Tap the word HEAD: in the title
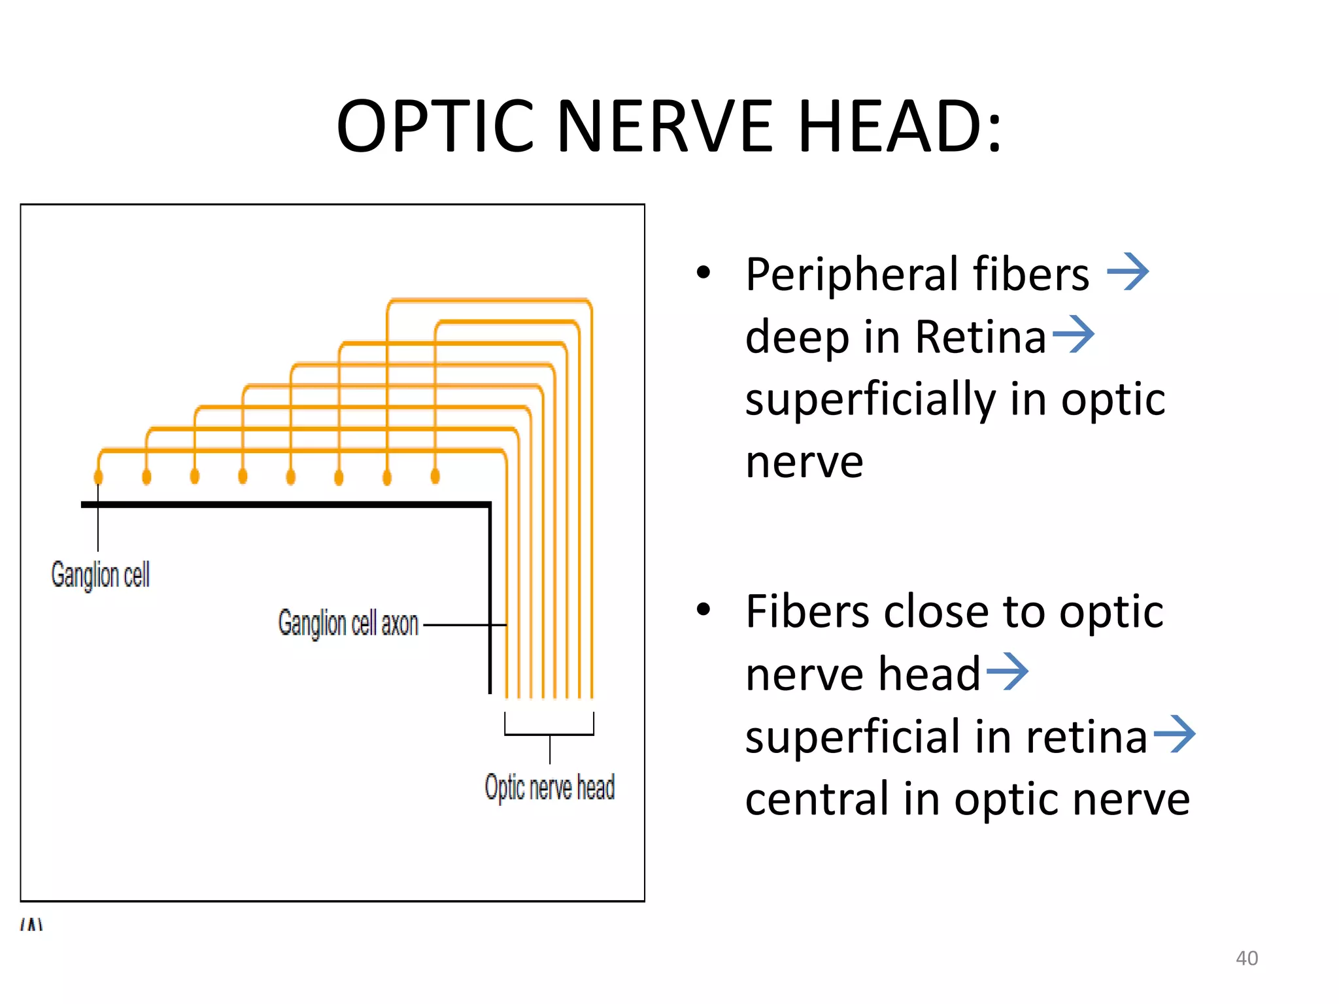coord(900,125)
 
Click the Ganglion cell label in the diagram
coord(101,575)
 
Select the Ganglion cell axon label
coord(348,623)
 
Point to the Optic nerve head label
coord(549,787)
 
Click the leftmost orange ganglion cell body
coord(99,476)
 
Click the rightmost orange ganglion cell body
coord(435,476)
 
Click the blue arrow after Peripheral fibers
coord(1127,272)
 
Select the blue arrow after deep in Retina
coord(1073,334)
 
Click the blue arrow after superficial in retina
coord(1174,734)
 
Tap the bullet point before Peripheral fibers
coord(703,273)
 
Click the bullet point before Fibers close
coord(703,610)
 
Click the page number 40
coord(1246,958)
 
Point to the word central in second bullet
coord(817,799)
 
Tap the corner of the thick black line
coord(489,505)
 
